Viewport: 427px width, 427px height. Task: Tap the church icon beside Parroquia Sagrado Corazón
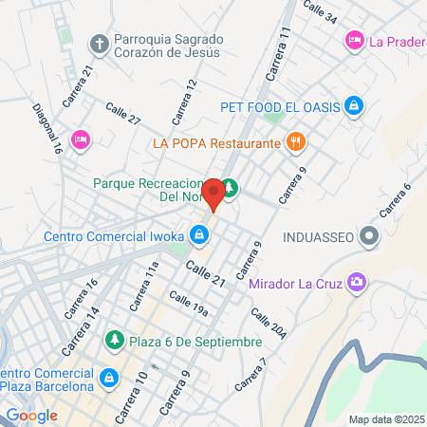pyautogui.click(x=100, y=44)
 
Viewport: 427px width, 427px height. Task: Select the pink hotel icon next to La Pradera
pyautogui.click(x=355, y=40)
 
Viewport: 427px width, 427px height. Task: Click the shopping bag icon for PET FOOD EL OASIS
pyautogui.click(x=353, y=105)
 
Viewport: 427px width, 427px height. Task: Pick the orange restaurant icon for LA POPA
pyautogui.click(x=296, y=142)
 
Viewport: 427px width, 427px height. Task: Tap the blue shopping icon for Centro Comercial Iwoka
pyautogui.click(x=199, y=232)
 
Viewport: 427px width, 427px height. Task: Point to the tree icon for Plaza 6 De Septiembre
pyautogui.click(x=114, y=340)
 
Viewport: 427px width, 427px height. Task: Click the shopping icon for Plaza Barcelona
pyautogui.click(x=110, y=378)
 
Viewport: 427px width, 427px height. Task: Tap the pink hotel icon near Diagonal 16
pyautogui.click(x=81, y=139)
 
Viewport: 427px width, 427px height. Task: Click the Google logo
pyautogui.click(x=31, y=415)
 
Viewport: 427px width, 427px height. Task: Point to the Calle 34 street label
pyautogui.click(x=319, y=11)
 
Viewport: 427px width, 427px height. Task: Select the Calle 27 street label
pyautogui.click(x=123, y=114)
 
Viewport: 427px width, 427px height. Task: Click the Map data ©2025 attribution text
pyautogui.click(x=385, y=419)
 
